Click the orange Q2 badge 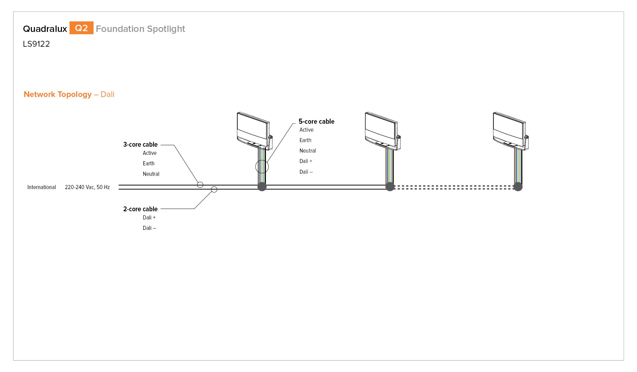click(x=81, y=28)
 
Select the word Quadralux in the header click(x=45, y=29)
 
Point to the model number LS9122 click(x=36, y=44)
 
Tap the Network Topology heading click(x=58, y=94)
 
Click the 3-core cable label click(x=140, y=144)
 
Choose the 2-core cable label click(x=140, y=209)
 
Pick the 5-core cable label click(x=316, y=121)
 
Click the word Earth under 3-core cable click(x=149, y=163)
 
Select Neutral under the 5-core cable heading click(x=308, y=151)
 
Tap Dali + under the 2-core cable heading click(x=149, y=217)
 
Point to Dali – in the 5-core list click(x=306, y=172)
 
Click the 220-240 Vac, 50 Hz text click(x=87, y=187)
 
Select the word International click(x=42, y=187)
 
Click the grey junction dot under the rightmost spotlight click(x=518, y=187)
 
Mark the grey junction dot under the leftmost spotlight click(x=262, y=187)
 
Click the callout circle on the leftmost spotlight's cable click(x=262, y=160)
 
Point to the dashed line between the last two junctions click(x=454, y=187)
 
